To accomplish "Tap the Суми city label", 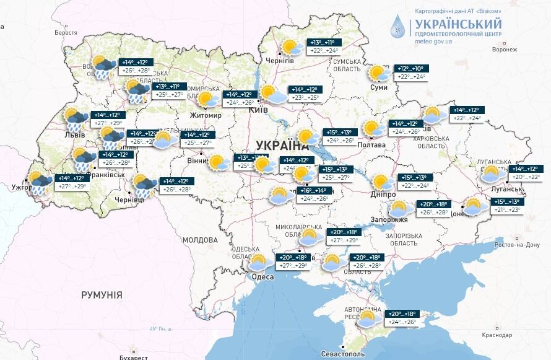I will click(x=378, y=87).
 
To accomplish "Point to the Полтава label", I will click(x=371, y=145).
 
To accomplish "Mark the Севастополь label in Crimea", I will click(x=342, y=354).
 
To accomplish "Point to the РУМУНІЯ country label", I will click(x=102, y=295).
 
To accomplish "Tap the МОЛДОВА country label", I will click(x=199, y=240).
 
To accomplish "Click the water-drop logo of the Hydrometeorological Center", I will click(x=399, y=28).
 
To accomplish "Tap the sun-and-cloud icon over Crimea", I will click(x=367, y=318).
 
